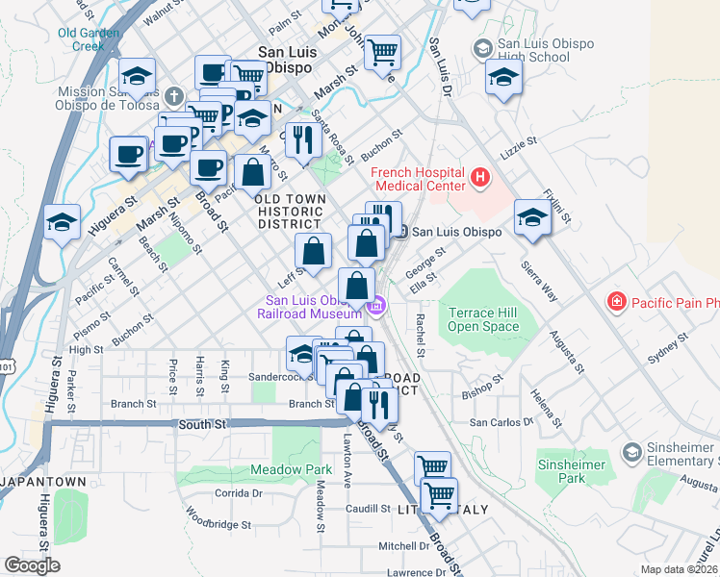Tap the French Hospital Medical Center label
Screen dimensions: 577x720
(x=419, y=178)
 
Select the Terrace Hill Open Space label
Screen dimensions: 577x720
(x=483, y=319)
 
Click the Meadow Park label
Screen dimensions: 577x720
(x=284, y=470)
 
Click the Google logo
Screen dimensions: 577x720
(x=32, y=564)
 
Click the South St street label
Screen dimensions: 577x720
(x=201, y=423)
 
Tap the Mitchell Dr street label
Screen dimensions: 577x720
(x=403, y=545)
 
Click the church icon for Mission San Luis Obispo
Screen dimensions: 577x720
(x=173, y=96)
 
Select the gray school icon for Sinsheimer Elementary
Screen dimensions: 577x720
(x=632, y=451)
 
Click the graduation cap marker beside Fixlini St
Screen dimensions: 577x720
(x=532, y=216)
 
